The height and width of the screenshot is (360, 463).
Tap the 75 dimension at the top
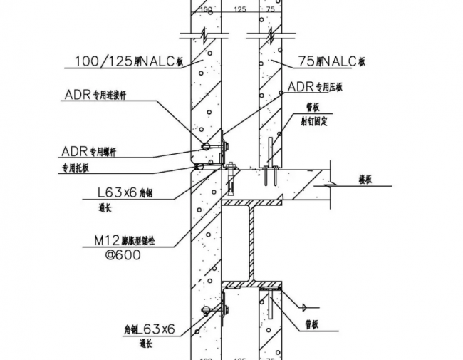pos(269,9)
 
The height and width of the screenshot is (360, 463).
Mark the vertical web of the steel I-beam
pos(250,242)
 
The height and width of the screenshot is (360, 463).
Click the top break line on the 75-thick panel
pos(269,34)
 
